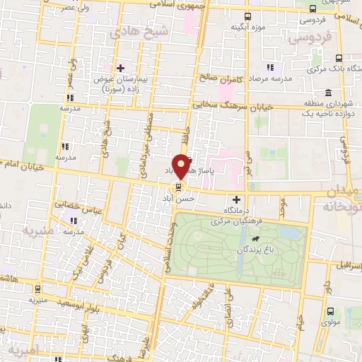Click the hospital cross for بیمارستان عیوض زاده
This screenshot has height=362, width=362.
click(x=120, y=68)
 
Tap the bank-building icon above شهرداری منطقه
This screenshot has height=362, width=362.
click(x=329, y=93)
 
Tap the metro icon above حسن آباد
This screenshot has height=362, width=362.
click(x=177, y=188)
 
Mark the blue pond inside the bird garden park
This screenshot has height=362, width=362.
click(x=289, y=232)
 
